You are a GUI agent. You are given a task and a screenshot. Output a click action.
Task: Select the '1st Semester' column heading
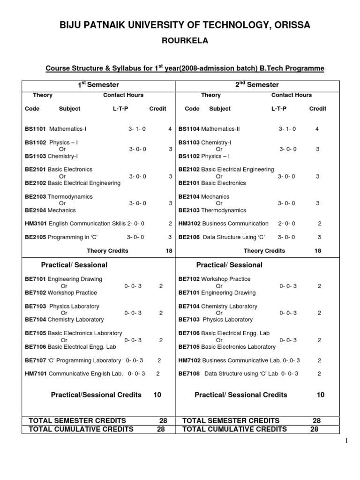click(x=98, y=85)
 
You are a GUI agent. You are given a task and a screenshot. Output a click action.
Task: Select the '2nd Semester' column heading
click(x=257, y=85)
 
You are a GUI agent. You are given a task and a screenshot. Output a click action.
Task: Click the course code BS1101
click(x=35, y=128)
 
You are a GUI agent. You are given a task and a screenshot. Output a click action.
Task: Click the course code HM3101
click(x=36, y=224)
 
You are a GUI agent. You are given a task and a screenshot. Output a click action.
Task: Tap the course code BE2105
click(x=35, y=237)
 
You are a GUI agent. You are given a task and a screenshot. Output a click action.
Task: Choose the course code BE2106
click(x=189, y=237)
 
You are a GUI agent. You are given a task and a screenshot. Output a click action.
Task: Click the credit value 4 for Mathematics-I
click(x=170, y=128)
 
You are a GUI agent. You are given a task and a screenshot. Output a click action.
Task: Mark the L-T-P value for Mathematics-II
click(x=287, y=128)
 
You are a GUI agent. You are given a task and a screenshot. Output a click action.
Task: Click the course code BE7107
click(x=35, y=360)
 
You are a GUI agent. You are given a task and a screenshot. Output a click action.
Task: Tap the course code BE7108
click(x=189, y=374)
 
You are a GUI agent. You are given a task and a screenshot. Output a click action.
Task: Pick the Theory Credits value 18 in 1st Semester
click(x=169, y=251)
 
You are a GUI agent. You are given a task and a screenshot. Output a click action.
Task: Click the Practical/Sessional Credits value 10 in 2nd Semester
click(x=320, y=395)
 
